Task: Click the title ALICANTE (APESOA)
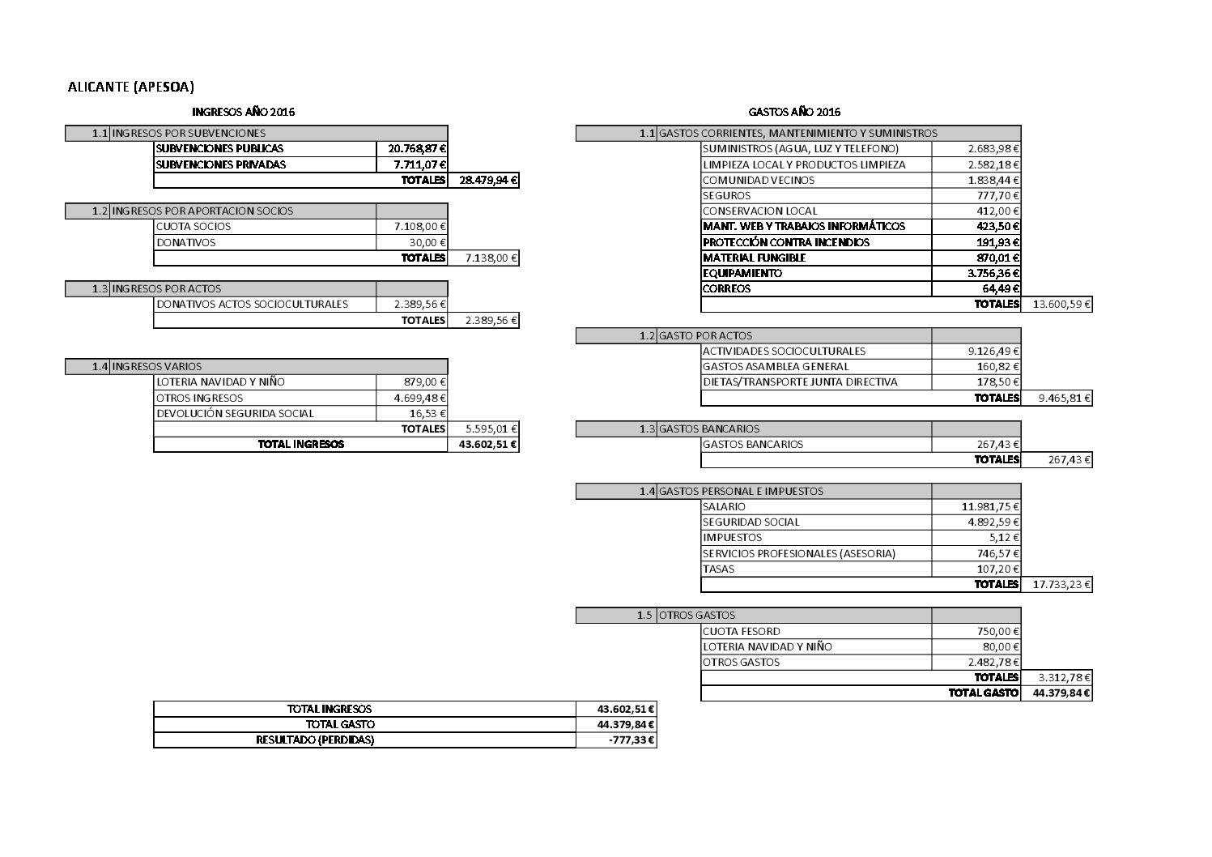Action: [131, 87]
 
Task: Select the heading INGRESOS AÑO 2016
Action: [243, 112]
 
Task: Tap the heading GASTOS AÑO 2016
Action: [793, 112]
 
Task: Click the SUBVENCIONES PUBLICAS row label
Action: [219, 149]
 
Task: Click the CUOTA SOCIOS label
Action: [193, 227]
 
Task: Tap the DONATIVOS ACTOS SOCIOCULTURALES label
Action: [252, 305]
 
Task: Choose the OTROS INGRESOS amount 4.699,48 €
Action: [420, 398]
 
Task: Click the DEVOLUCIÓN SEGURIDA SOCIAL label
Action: [235, 413]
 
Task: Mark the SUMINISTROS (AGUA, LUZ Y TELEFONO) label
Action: [800, 149]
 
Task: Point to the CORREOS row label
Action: [726, 289]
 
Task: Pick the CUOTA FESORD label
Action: [741, 631]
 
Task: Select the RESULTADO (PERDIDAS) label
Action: [315, 740]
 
